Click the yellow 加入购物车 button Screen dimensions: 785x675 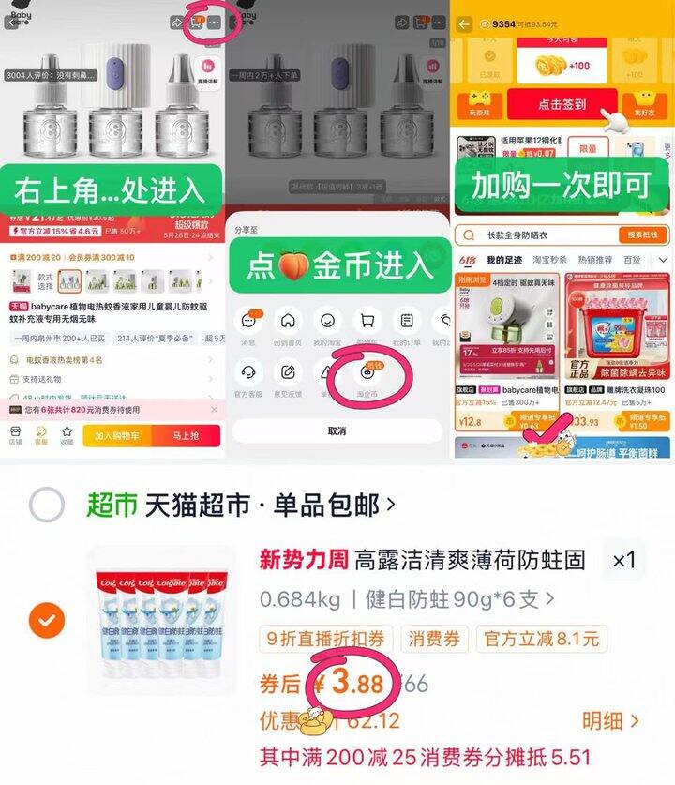(x=119, y=435)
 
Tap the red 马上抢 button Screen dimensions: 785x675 (x=186, y=435)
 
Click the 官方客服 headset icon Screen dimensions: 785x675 (x=248, y=372)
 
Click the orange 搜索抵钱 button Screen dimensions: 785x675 (x=642, y=234)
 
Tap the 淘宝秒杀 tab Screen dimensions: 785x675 (x=545, y=260)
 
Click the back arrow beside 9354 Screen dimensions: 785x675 (x=463, y=23)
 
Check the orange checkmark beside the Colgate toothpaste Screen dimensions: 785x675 (x=46, y=620)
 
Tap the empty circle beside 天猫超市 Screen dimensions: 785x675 (x=46, y=506)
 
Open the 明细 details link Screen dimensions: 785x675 (x=610, y=720)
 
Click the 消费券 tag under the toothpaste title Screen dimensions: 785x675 (x=434, y=639)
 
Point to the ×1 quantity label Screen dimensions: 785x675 (x=623, y=561)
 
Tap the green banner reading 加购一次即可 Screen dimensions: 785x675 (x=561, y=186)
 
